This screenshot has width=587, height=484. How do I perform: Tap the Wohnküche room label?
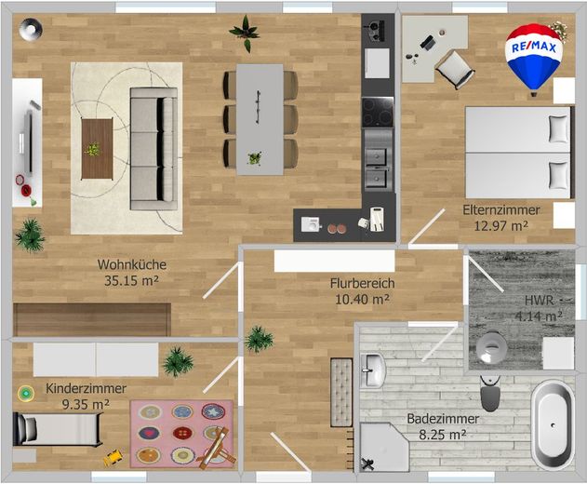[132, 264]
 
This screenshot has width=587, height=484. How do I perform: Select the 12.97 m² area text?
[500, 226]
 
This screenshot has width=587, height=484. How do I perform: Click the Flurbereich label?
[363, 283]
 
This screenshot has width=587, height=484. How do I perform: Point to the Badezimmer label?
[443, 419]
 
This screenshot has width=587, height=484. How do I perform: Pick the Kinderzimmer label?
[86, 388]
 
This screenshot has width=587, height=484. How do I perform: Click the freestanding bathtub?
[553, 424]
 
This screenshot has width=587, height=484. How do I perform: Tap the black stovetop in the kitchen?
[378, 112]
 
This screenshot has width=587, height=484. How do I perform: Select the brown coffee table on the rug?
[97, 149]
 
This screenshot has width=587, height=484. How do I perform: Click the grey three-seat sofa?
[153, 149]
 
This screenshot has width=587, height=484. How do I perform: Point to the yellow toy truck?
[113, 458]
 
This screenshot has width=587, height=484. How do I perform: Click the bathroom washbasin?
[372, 370]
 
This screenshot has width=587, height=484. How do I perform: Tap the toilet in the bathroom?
[490, 394]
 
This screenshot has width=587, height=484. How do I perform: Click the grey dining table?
[260, 119]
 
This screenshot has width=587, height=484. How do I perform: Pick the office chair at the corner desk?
[455, 69]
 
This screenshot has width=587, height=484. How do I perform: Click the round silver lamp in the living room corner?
[31, 29]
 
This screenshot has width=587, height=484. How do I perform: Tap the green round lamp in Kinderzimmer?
[26, 394]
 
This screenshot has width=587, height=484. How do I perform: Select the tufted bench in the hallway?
[341, 392]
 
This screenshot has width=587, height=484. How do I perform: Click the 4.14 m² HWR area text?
[539, 316]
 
